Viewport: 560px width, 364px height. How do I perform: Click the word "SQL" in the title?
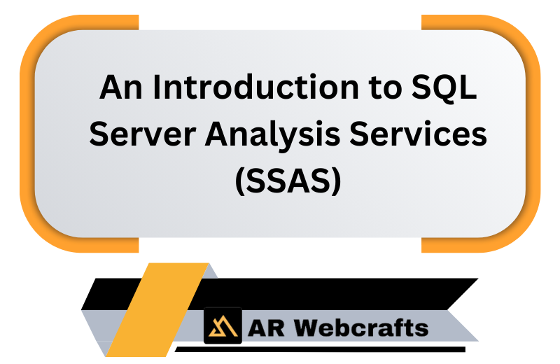(444, 87)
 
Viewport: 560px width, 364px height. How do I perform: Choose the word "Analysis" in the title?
(272, 134)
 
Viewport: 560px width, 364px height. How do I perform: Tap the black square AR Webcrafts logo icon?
(223, 325)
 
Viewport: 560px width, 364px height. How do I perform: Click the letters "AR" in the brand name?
(266, 328)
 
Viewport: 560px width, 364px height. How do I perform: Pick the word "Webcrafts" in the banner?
(361, 327)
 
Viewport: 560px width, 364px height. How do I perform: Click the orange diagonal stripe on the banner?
(157, 309)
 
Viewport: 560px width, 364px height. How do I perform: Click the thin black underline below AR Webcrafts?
(320, 349)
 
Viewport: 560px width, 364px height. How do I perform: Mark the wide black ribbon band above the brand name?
(321, 294)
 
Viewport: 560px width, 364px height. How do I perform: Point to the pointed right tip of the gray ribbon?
(477, 340)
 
